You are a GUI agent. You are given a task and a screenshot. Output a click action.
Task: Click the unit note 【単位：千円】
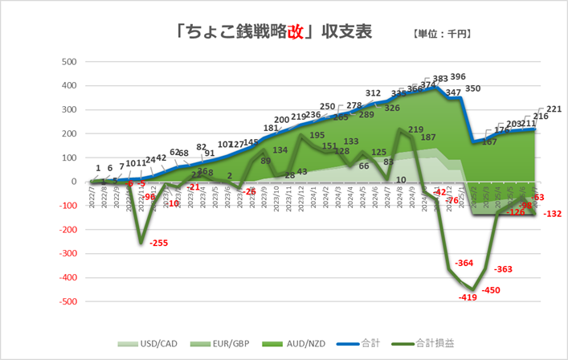(440, 34)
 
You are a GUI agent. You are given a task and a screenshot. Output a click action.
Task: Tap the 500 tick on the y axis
(69, 61)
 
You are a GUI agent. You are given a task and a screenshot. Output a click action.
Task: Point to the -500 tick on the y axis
(67, 301)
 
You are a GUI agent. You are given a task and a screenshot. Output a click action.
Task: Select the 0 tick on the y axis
(73, 182)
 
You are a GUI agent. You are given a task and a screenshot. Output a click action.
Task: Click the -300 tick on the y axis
(67, 254)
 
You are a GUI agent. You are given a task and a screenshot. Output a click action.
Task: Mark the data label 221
(554, 109)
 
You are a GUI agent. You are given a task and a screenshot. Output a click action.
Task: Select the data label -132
(552, 214)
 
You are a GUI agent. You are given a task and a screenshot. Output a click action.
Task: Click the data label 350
(473, 88)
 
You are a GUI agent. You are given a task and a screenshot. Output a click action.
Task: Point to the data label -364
(464, 264)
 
